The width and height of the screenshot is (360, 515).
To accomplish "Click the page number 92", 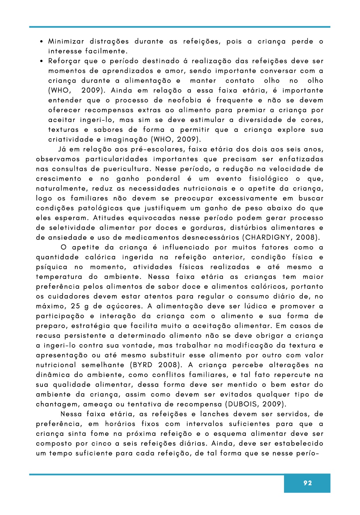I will (307, 483).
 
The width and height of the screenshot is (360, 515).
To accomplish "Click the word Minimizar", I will (66, 41).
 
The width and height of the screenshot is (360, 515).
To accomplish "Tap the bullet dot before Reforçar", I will (41, 61).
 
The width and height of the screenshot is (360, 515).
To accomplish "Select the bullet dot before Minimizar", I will (41, 42).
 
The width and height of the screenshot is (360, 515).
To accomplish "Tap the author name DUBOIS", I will (243, 404).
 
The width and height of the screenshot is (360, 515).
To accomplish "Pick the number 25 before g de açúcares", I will (76, 306).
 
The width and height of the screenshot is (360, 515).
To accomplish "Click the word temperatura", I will (59, 277).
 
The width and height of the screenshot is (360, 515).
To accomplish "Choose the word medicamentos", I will (152, 238).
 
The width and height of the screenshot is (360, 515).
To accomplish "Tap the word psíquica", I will (52, 267).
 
